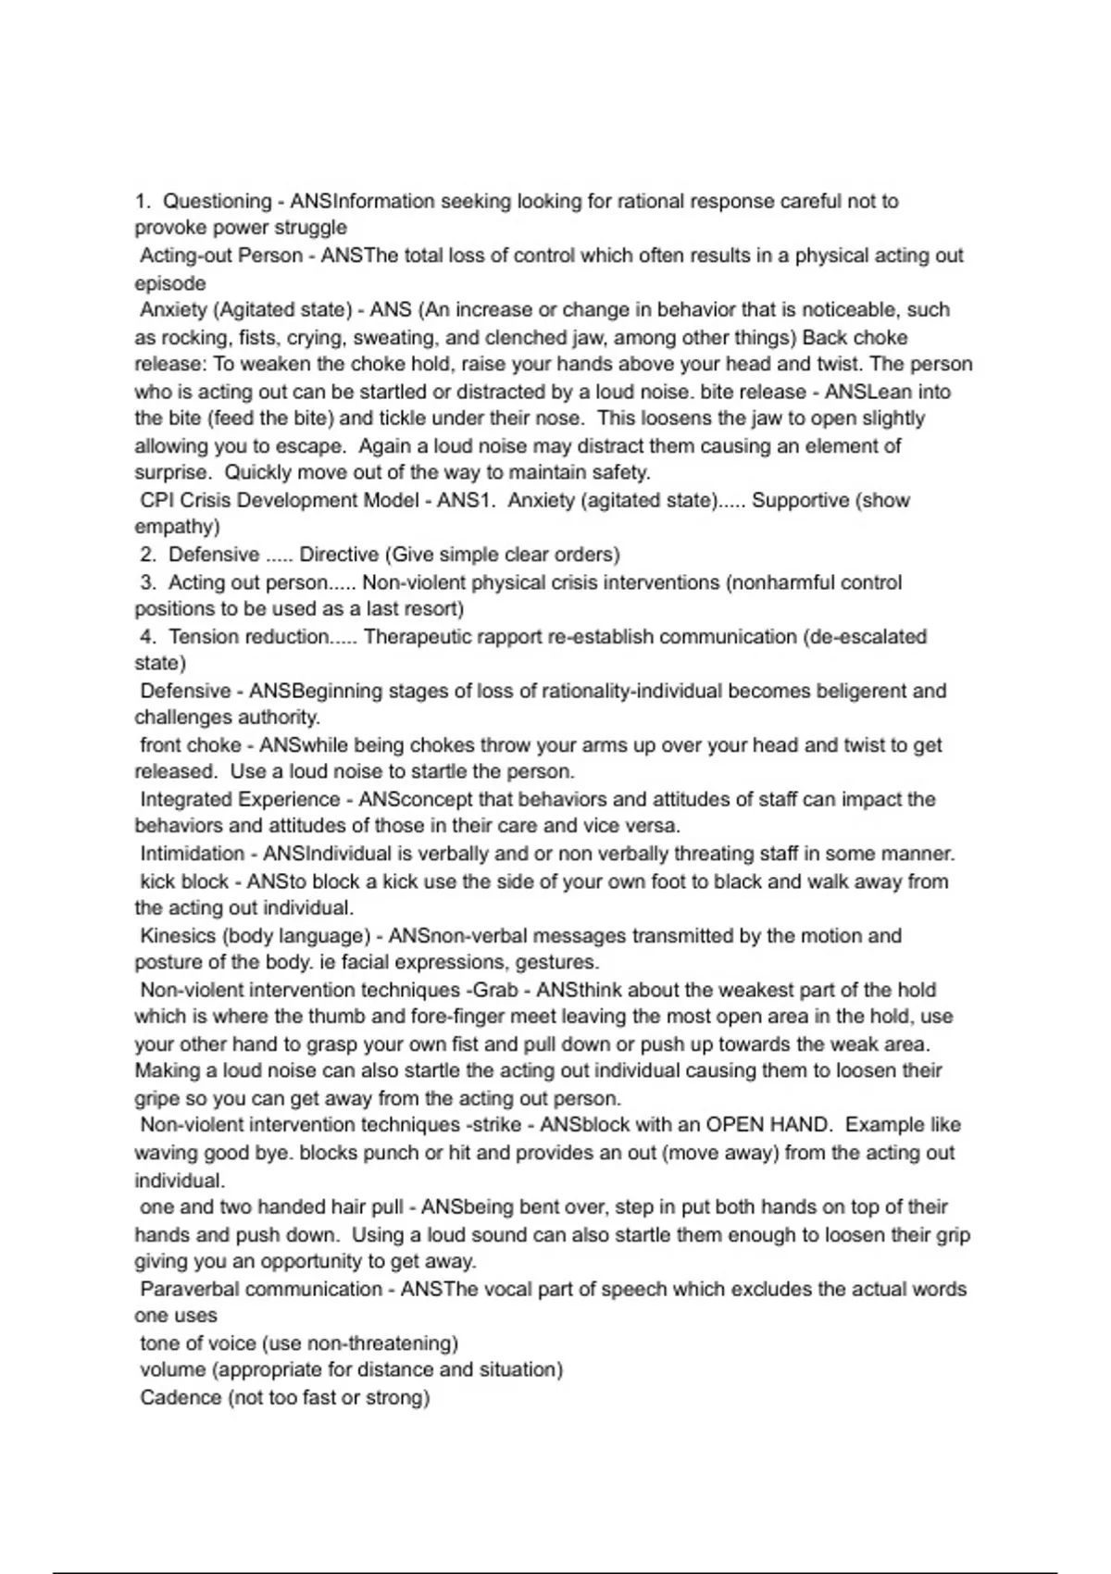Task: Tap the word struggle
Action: (x=311, y=228)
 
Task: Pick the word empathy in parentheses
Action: (x=177, y=528)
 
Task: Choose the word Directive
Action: (x=339, y=555)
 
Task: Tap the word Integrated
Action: (x=193, y=800)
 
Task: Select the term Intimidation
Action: (x=193, y=854)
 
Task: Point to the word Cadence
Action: (x=180, y=1398)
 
